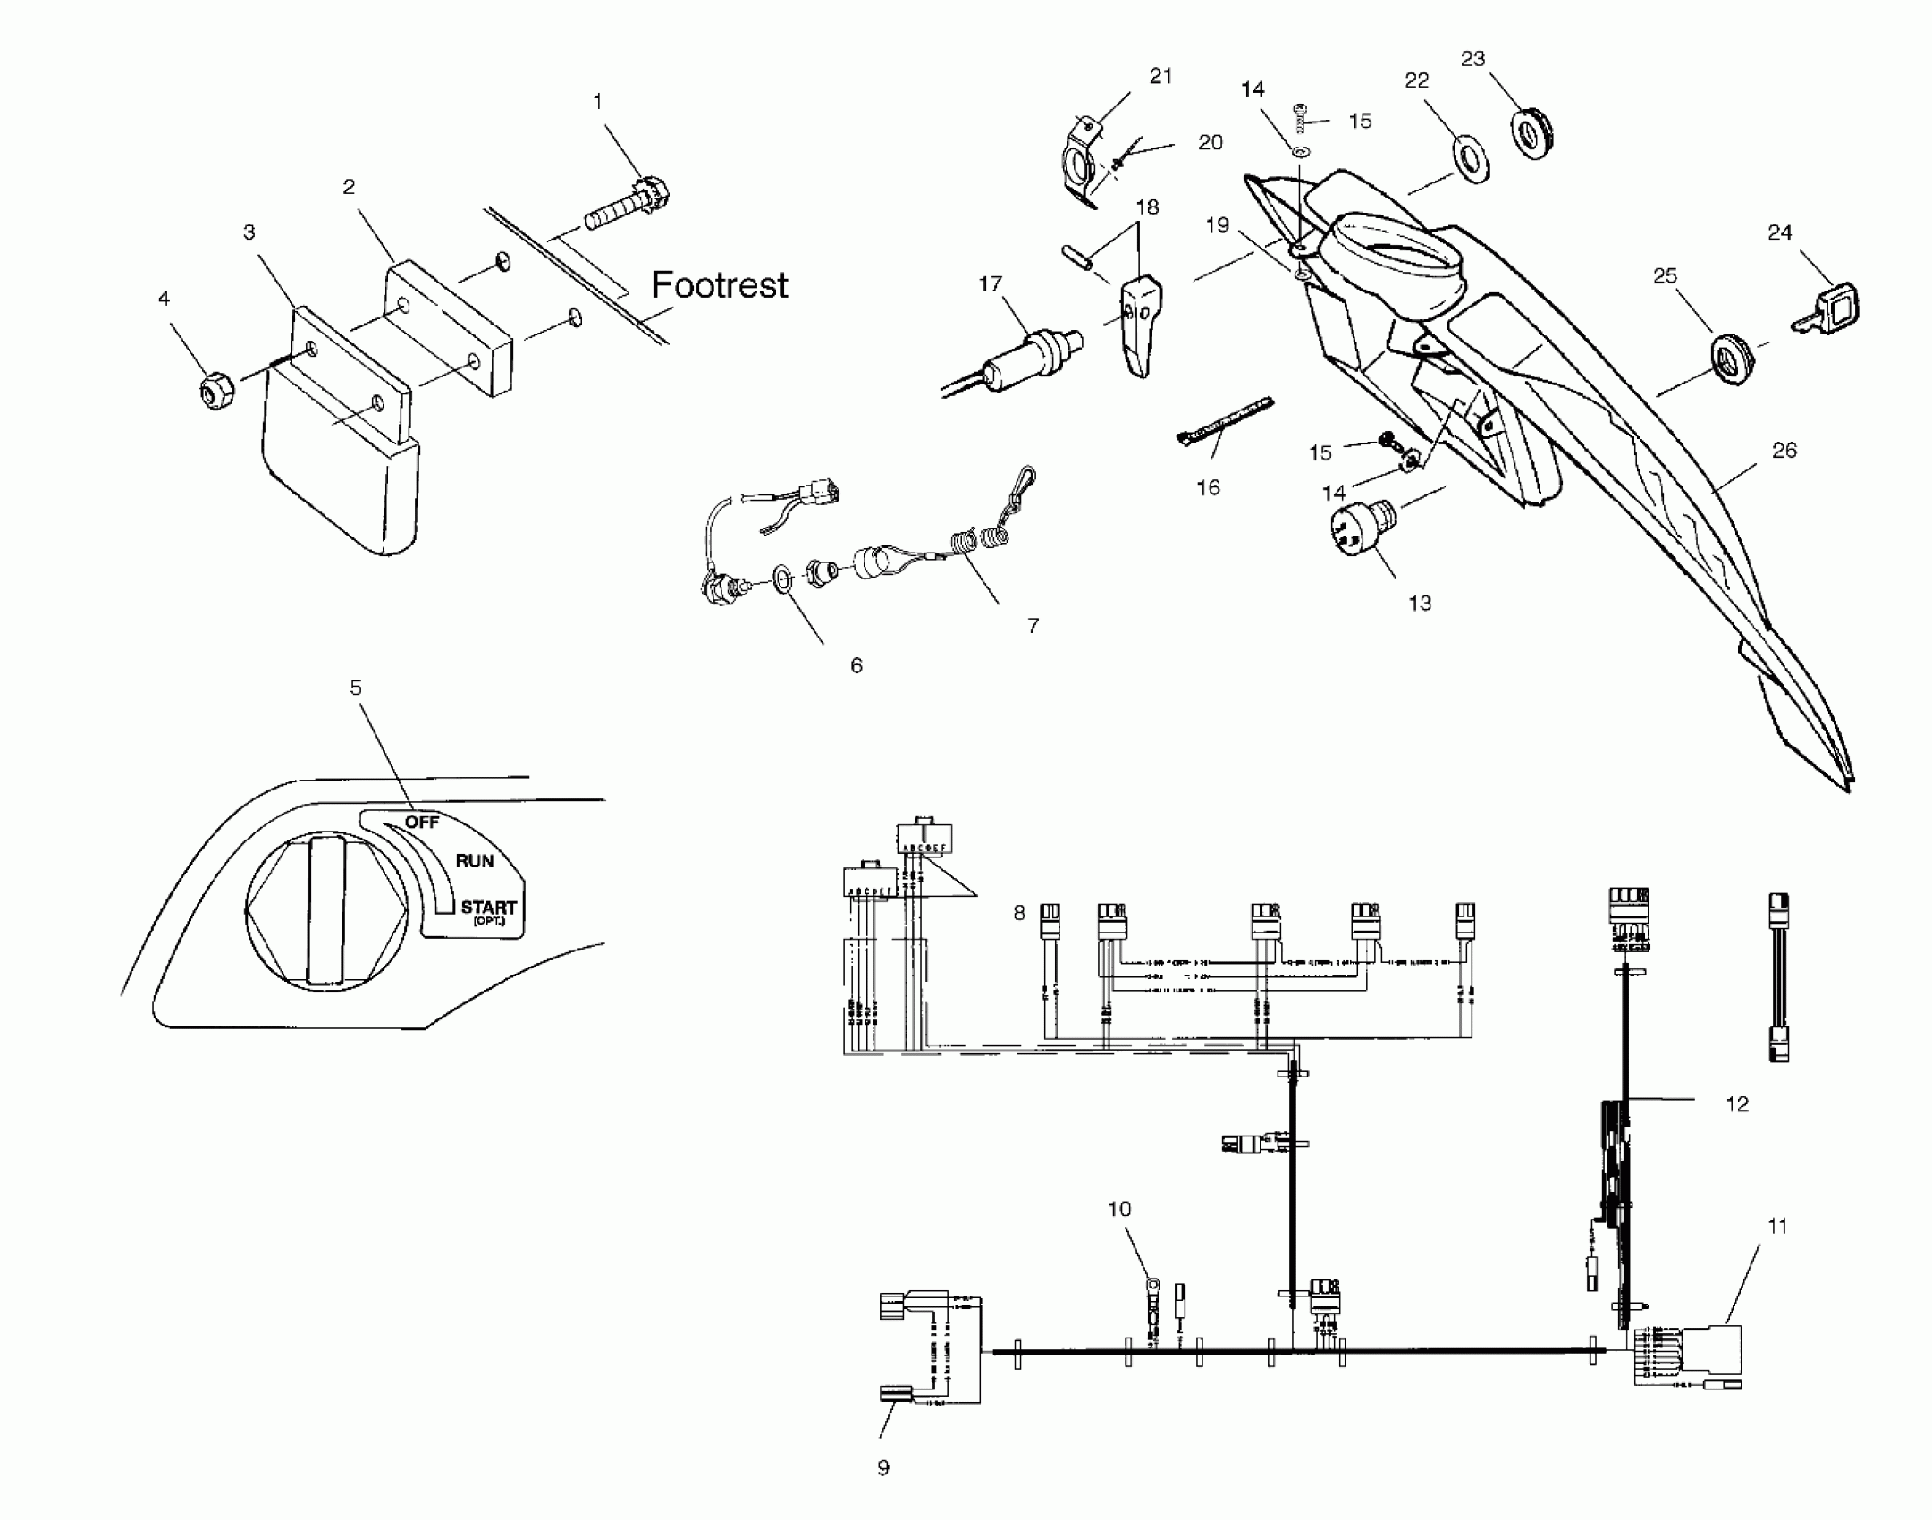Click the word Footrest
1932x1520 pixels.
[x=719, y=285]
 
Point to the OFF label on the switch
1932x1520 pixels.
[x=422, y=821]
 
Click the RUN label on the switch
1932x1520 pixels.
[x=474, y=861]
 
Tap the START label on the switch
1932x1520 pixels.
[x=488, y=908]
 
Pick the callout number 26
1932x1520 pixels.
[x=1784, y=451]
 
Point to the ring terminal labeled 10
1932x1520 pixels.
[x=1152, y=1288]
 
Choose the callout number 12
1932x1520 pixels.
[x=1736, y=1104]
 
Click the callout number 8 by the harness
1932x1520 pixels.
[x=1019, y=913]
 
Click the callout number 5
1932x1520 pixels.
[x=356, y=688]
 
